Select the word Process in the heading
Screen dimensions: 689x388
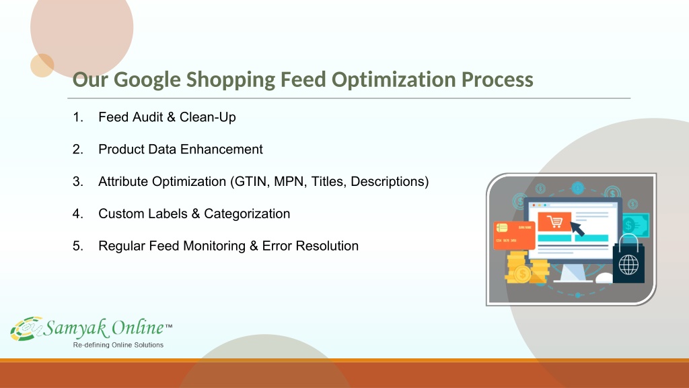click(497, 79)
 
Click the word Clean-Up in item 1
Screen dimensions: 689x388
click(207, 117)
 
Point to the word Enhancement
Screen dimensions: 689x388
click(221, 149)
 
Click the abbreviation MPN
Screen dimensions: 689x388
click(291, 182)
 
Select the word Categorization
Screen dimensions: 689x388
click(247, 214)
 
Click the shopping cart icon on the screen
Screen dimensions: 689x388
click(554, 221)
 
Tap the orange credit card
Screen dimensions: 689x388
click(514, 234)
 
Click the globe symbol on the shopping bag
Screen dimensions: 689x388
click(628, 265)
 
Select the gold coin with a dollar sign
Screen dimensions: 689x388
click(522, 275)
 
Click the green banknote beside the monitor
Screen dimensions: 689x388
click(635, 225)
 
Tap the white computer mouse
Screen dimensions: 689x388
click(604, 278)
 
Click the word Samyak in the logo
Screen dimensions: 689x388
click(75, 328)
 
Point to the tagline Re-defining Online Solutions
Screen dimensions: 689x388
click(118, 345)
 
